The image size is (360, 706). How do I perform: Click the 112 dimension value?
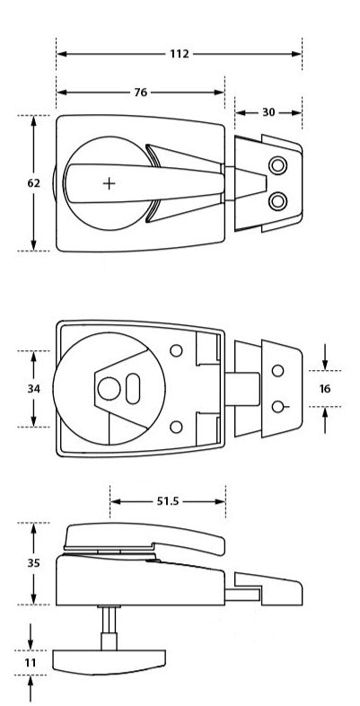179,54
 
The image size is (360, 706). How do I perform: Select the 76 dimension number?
140,93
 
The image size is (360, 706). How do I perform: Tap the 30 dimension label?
269,112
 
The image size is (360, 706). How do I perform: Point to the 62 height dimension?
34,183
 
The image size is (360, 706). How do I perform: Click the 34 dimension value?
34,389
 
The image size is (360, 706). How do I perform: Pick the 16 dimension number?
325,389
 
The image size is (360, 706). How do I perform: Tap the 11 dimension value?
31,662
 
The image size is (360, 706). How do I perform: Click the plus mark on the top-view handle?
110,183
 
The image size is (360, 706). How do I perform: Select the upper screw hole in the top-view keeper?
278,165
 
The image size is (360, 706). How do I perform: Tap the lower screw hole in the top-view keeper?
278,199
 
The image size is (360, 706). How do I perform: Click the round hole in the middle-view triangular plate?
109,389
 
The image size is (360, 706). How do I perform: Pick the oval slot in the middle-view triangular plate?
133,389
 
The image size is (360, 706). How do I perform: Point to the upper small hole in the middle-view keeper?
278,370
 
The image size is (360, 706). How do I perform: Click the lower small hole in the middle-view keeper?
278,407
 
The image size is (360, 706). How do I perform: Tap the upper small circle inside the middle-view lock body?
177,349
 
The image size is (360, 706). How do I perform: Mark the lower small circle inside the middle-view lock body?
177,426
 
